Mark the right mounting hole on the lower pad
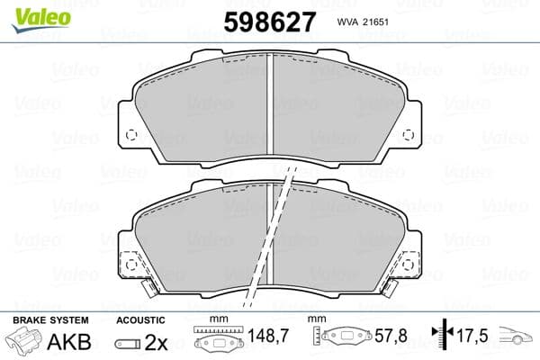tap(411, 265)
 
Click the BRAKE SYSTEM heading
tap(49, 320)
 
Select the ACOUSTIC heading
tap(140, 320)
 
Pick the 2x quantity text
tap(155, 343)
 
